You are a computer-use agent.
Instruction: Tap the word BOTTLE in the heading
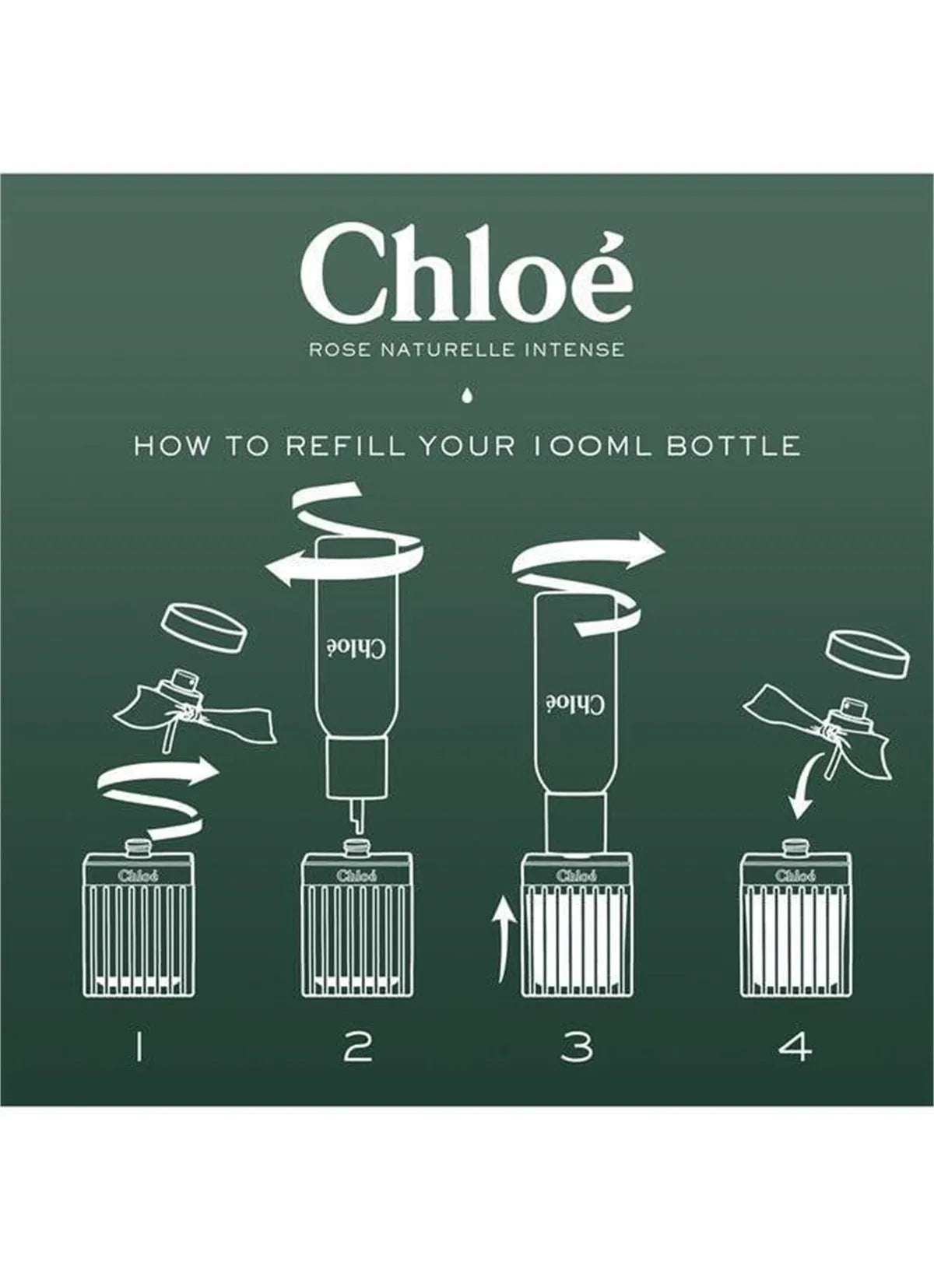click(733, 447)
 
